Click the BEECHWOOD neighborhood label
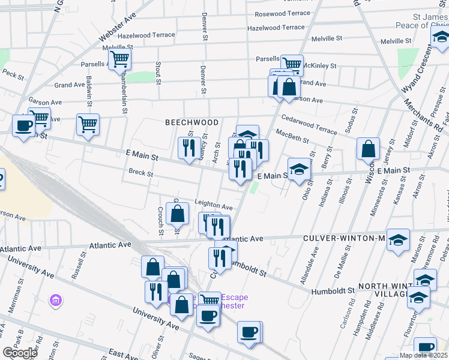(192, 122)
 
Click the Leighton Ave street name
(213, 207)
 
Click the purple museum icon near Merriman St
(56, 299)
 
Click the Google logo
(20, 353)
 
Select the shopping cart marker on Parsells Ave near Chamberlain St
(120, 59)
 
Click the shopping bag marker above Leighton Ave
(178, 212)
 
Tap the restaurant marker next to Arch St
(190, 148)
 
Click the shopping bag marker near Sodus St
(368, 149)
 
